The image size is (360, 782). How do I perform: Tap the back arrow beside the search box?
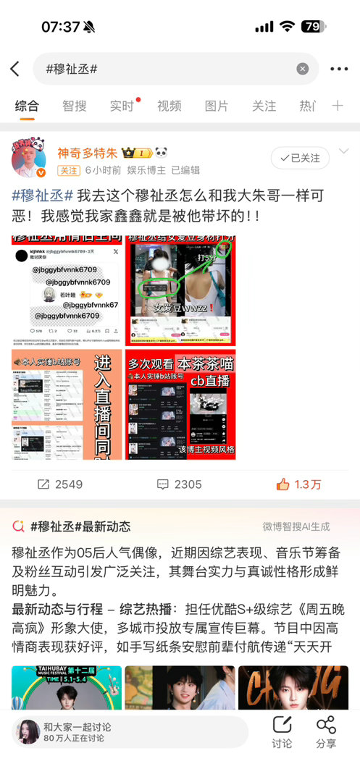tap(15, 69)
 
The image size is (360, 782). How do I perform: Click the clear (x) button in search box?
tap(303, 69)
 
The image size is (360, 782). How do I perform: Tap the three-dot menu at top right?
tap(338, 69)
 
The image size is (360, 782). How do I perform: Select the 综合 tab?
tap(27, 106)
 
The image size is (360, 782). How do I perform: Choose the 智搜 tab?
tap(74, 106)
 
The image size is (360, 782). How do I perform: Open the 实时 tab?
tap(122, 106)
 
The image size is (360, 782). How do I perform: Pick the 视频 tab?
tap(169, 106)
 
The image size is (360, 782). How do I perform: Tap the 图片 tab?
tap(217, 106)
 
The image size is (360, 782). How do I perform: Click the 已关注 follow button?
tap(300, 158)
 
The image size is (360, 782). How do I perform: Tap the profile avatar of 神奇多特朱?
tap(29, 159)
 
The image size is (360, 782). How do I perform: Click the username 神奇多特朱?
tap(87, 153)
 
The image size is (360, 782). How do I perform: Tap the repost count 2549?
tap(60, 484)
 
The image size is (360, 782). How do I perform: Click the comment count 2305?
tap(180, 484)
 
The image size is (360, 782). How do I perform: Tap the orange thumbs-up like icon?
tap(282, 484)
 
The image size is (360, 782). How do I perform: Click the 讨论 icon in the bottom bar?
tap(282, 732)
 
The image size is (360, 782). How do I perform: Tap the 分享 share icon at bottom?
tap(326, 732)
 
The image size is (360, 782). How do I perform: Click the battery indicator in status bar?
tap(312, 27)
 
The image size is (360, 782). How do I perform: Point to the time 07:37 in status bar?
tap(60, 27)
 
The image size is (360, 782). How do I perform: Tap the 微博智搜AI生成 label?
tap(296, 526)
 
